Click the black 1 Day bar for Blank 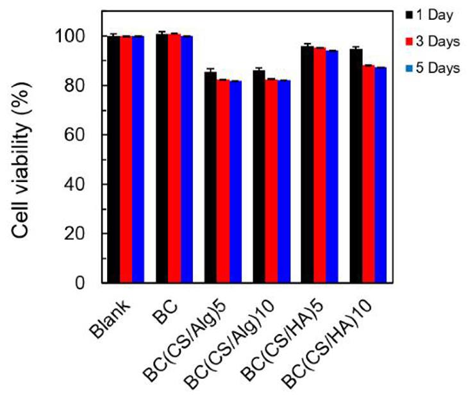[113, 160]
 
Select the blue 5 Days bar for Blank [138, 160]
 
